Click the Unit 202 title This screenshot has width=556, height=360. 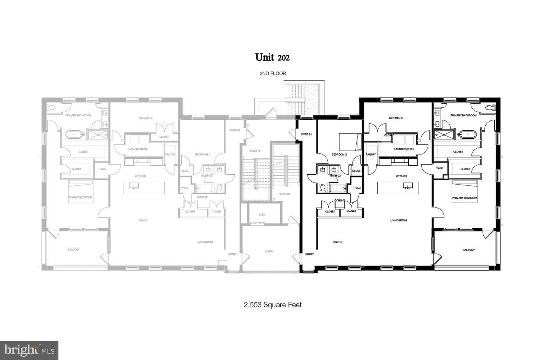272,57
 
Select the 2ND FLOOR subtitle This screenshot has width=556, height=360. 273,73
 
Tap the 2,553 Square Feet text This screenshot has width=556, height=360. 273,305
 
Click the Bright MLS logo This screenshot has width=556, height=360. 29,350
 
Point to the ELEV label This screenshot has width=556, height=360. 262,214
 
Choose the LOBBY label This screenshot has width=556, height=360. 269,251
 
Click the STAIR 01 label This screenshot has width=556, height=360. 285,194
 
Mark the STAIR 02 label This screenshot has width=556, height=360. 255,151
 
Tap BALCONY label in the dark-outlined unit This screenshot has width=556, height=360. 469,250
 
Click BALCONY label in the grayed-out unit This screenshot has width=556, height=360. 73,250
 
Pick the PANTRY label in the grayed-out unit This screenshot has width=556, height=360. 170,155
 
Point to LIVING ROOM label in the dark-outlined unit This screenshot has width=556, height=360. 398,221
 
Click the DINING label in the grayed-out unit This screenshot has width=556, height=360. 143,221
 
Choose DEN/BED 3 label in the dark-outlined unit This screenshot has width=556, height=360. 396,118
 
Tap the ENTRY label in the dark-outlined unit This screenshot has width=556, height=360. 309,255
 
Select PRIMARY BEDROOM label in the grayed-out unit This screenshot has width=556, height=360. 80,197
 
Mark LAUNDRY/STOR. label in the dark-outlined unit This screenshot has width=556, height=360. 404,149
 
